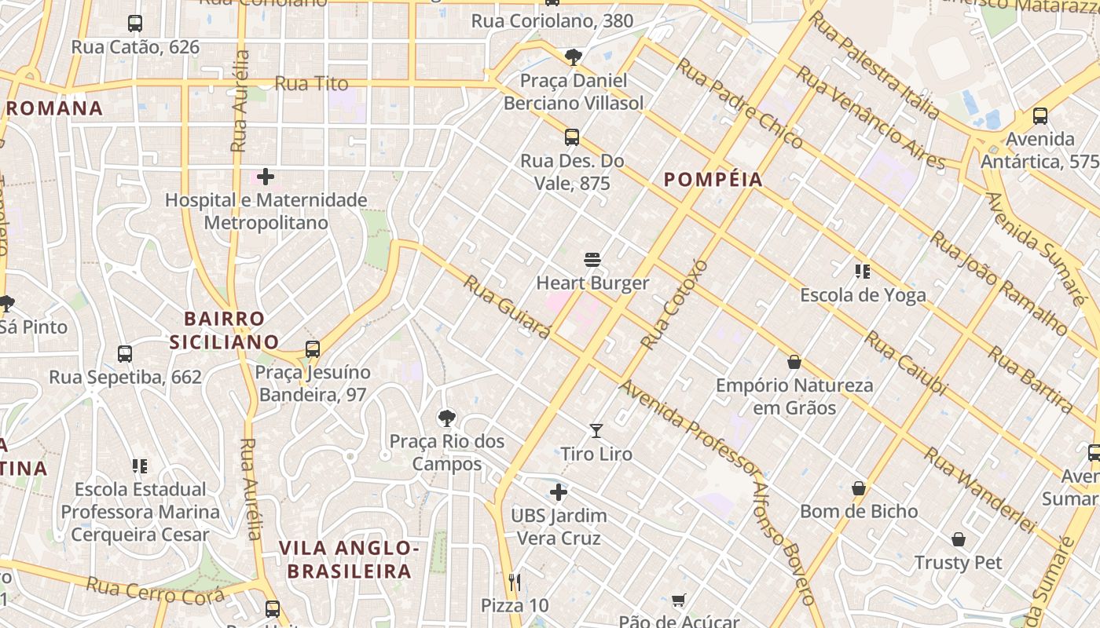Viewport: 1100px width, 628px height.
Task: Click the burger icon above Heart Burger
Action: (x=592, y=260)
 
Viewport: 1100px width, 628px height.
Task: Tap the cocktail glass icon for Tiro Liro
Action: (x=596, y=431)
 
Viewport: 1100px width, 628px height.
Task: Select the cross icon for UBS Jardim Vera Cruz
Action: (x=559, y=492)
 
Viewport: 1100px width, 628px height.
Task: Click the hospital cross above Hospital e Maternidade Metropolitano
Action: (x=266, y=177)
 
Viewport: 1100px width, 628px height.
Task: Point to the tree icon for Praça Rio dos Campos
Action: (x=447, y=418)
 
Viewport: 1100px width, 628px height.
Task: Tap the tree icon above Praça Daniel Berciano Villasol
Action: (x=574, y=57)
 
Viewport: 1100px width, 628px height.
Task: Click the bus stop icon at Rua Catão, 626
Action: (x=135, y=24)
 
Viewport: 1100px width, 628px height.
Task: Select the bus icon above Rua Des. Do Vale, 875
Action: (x=572, y=137)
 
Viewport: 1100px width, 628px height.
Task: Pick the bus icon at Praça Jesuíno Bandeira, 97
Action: (x=313, y=349)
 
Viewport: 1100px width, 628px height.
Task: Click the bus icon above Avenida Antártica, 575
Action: (x=1040, y=116)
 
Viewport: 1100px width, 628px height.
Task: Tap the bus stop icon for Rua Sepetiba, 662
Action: (x=125, y=353)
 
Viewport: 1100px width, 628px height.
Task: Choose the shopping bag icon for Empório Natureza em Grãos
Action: (x=794, y=362)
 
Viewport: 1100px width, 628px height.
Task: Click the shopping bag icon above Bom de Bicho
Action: (x=859, y=488)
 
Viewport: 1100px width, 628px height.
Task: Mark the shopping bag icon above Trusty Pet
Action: (x=958, y=539)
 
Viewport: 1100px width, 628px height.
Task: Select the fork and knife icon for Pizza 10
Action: (x=515, y=582)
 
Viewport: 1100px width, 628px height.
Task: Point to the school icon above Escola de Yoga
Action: (x=863, y=272)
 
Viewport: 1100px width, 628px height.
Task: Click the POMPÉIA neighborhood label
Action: (x=713, y=180)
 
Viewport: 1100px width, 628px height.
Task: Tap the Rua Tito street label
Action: (x=311, y=83)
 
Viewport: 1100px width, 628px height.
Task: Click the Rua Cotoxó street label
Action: (x=673, y=305)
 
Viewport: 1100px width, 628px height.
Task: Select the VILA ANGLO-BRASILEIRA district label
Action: (x=348, y=559)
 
